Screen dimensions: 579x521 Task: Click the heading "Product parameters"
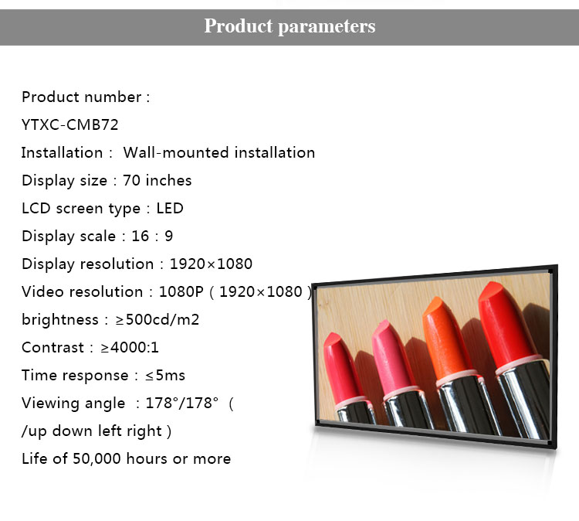tap(289, 26)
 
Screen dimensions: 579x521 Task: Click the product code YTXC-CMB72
tap(69, 125)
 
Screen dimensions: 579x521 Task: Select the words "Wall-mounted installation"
tap(219, 152)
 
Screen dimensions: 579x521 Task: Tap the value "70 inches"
tap(157, 180)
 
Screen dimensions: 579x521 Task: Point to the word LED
tap(170, 208)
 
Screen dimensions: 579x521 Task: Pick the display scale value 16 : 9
tap(152, 236)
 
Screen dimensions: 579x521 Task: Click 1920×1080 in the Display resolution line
tap(211, 264)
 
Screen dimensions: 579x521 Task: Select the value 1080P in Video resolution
tap(181, 291)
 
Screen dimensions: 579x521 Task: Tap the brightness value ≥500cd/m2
tap(157, 319)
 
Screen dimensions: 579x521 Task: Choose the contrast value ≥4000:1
tap(130, 347)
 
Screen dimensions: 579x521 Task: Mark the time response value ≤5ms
tap(165, 376)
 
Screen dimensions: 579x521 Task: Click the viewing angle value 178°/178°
tap(182, 403)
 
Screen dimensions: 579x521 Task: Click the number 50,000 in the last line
tap(96, 459)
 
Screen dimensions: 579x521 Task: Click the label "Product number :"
tap(86, 97)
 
